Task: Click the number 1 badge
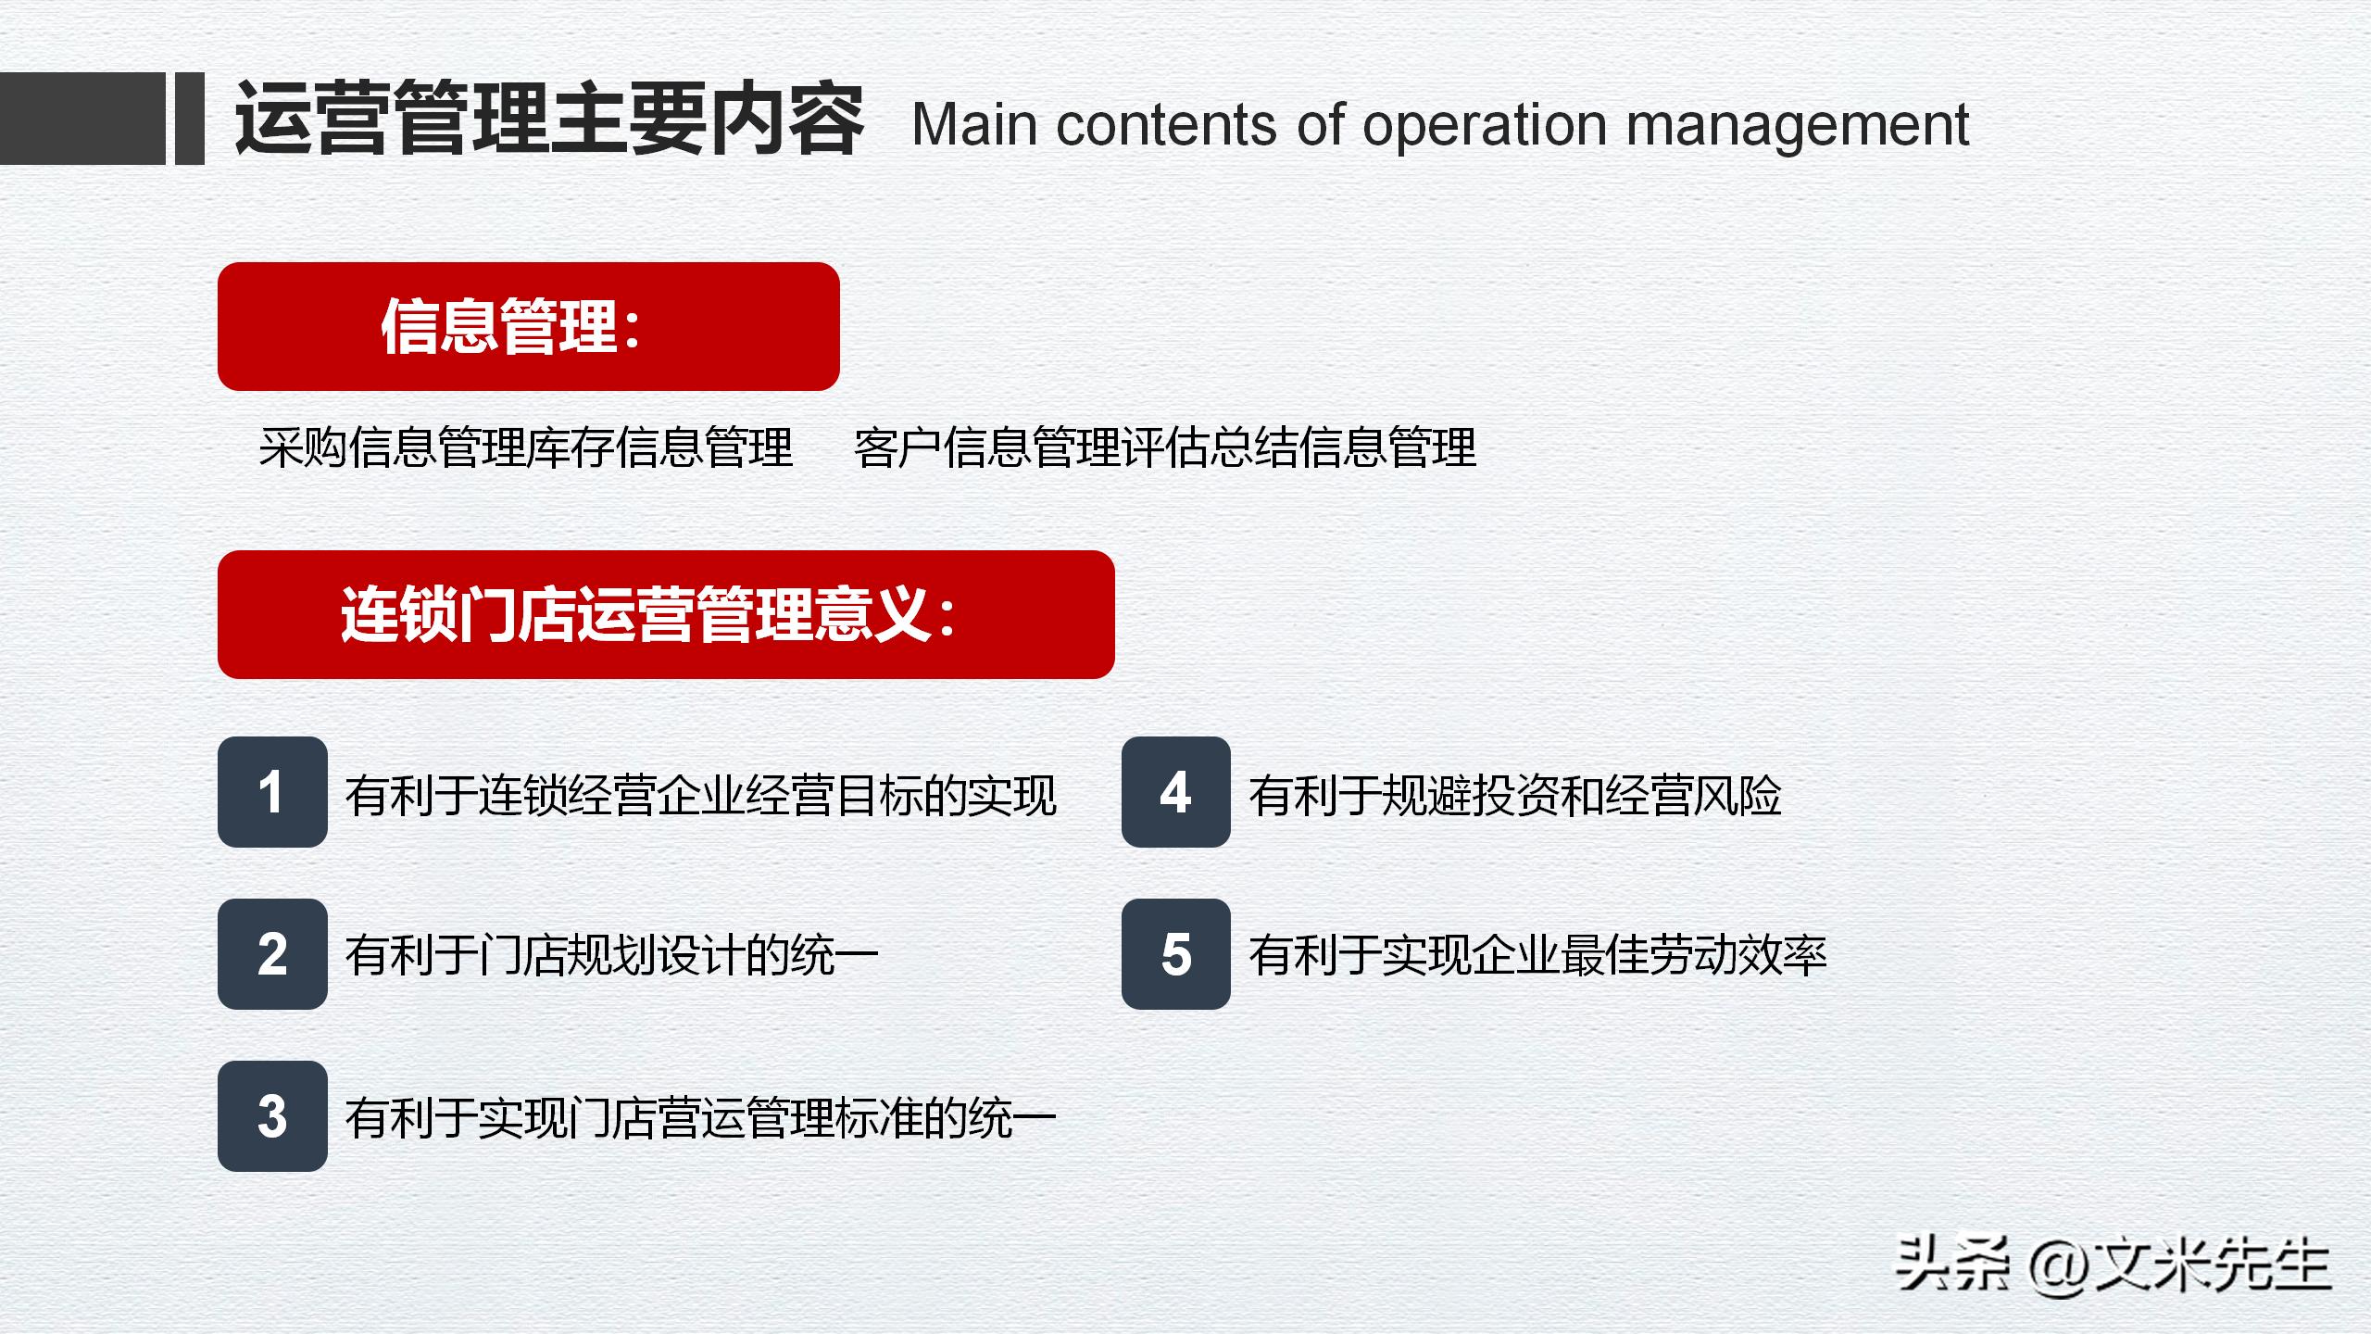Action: point(272,792)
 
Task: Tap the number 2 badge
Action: point(272,954)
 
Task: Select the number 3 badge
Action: point(272,1116)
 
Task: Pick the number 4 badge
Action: point(1175,792)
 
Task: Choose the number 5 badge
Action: point(1175,954)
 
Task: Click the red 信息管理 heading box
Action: point(528,326)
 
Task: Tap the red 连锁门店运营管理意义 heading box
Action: point(665,614)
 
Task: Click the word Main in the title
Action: point(973,125)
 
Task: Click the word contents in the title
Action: point(1167,125)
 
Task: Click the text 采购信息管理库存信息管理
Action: point(526,448)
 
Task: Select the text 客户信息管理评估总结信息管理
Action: point(1164,448)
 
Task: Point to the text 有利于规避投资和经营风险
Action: point(1514,796)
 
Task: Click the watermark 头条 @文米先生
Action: point(2112,1265)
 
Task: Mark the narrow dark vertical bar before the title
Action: point(189,119)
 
